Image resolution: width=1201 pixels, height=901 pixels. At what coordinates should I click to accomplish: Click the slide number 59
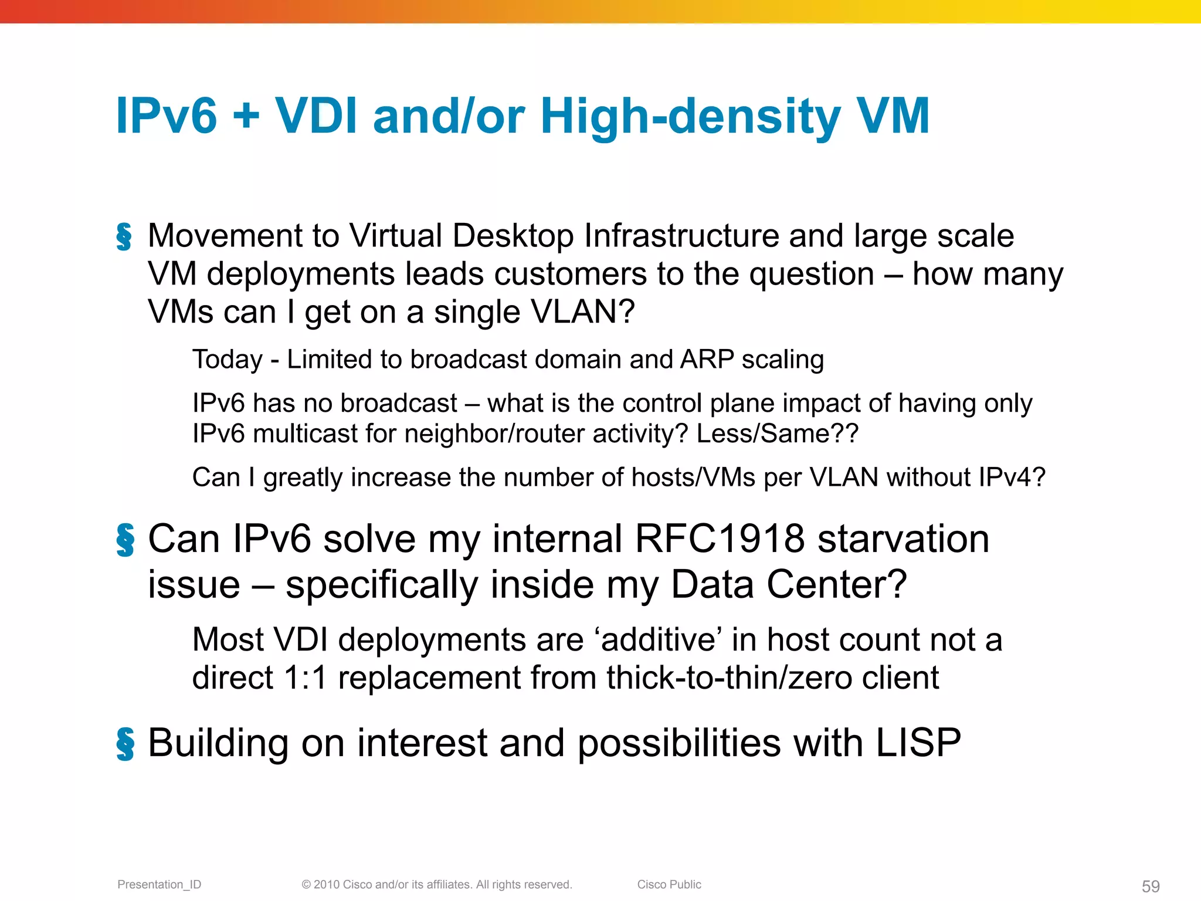(1150, 886)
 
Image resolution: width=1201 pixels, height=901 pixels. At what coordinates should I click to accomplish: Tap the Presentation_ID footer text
(159, 885)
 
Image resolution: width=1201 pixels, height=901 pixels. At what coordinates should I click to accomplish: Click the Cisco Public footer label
(669, 885)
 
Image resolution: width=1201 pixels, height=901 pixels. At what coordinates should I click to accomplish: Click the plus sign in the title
(246, 116)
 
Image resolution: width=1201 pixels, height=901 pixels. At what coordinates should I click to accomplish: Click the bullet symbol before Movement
(124, 236)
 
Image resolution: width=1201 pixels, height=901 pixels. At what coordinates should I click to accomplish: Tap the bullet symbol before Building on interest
(125, 744)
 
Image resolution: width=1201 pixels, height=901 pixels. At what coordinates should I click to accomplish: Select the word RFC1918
(720, 538)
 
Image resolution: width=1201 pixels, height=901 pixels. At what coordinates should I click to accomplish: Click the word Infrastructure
(681, 236)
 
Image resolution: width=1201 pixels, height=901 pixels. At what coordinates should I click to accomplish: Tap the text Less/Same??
(777, 434)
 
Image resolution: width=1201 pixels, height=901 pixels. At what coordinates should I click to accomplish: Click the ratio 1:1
(305, 678)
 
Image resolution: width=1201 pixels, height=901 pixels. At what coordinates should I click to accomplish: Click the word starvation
(903, 538)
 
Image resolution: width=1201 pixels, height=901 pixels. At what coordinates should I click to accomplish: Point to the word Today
(228, 360)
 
